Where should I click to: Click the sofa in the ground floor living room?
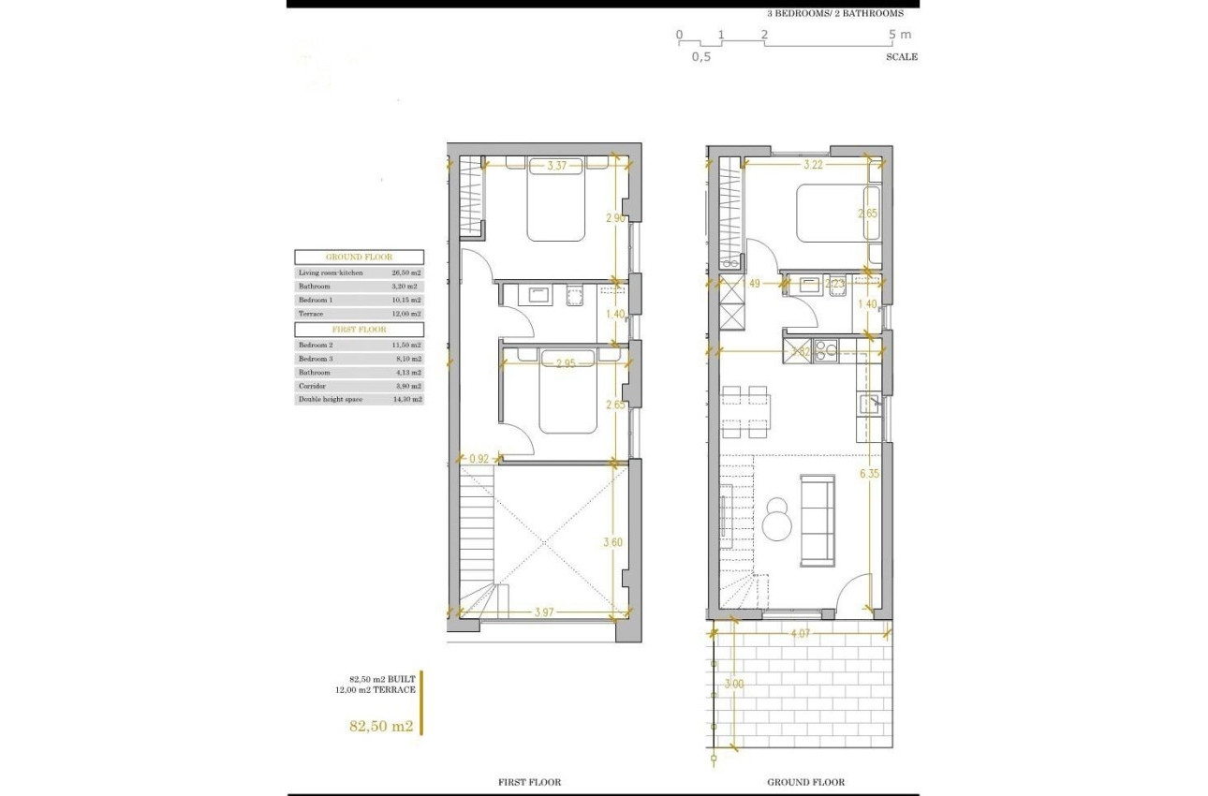coord(818,520)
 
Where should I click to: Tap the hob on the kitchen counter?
coord(825,351)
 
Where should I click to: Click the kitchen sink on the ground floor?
coord(869,405)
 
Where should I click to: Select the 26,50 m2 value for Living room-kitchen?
coord(406,272)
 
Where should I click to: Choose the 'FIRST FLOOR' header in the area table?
coord(359,330)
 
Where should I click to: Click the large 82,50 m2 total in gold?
coord(381,726)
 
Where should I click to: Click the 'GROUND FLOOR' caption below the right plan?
coord(805,782)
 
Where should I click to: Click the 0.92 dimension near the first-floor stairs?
coord(479,459)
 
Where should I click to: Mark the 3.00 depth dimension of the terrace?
coord(735,685)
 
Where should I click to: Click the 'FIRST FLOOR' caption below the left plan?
coord(530,782)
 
